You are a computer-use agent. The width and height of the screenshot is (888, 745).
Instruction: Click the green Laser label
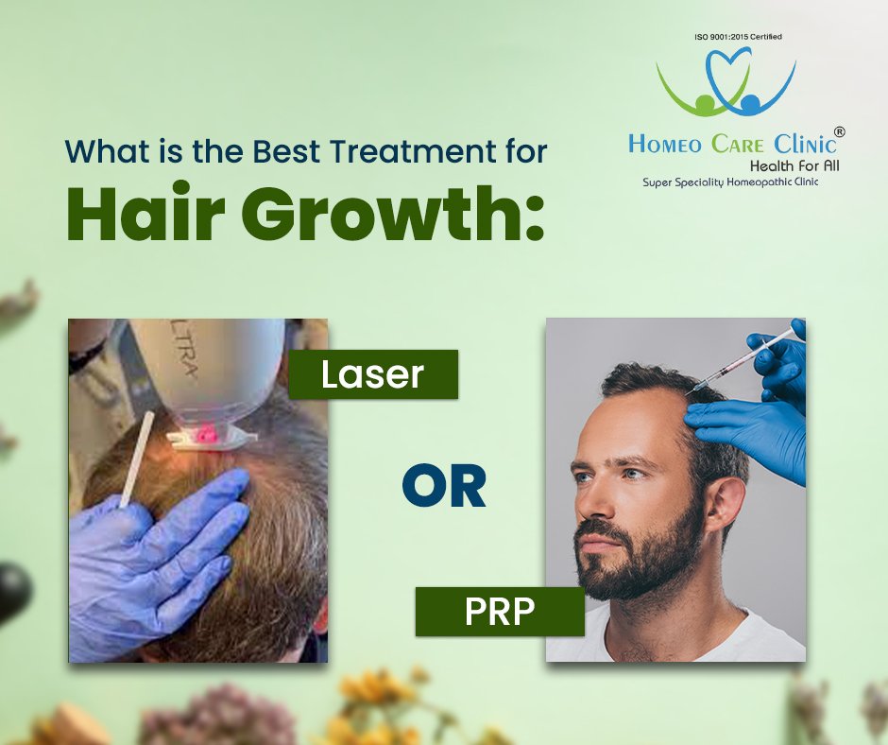click(372, 374)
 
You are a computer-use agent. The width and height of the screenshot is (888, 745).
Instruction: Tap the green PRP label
click(500, 612)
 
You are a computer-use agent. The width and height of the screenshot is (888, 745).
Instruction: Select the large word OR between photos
click(443, 486)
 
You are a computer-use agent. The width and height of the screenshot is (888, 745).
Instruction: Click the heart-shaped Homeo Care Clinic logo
click(725, 80)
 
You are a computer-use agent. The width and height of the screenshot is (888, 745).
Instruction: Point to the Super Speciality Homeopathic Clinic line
click(730, 182)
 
